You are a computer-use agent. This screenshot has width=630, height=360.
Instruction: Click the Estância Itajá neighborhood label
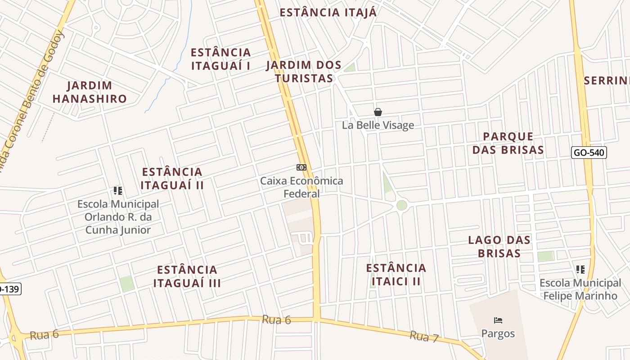click(328, 12)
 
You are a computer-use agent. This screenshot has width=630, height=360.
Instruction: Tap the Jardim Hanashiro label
click(90, 92)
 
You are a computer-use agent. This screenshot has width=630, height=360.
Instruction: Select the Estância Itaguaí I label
click(220, 59)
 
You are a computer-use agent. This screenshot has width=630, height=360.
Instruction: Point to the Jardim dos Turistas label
click(304, 72)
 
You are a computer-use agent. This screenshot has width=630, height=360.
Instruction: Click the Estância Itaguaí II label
click(172, 178)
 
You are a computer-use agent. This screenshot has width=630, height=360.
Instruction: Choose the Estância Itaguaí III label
click(187, 276)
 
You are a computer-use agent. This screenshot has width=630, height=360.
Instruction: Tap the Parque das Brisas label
click(508, 143)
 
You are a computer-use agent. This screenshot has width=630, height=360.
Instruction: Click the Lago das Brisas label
click(499, 246)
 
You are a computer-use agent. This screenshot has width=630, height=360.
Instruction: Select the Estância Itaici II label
click(396, 274)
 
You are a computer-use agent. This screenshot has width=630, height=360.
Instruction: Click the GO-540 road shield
click(589, 153)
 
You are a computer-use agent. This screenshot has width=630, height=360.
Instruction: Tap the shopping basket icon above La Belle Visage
click(378, 112)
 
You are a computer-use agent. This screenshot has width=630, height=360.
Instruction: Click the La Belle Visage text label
click(378, 125)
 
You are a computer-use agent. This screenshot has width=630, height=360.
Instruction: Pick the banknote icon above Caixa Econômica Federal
click(301, 167)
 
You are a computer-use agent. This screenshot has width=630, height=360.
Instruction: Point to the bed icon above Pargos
click(498, 320)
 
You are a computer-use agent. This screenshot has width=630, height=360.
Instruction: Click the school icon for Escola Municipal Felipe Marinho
click(580, 270)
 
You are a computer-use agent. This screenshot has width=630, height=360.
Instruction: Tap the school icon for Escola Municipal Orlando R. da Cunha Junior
click(118, 191)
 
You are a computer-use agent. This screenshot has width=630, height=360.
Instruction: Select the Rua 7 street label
click(424, 336)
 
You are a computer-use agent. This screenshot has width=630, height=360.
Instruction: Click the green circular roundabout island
click(402, 205)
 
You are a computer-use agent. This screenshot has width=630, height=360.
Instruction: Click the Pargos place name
click(498, 333)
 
